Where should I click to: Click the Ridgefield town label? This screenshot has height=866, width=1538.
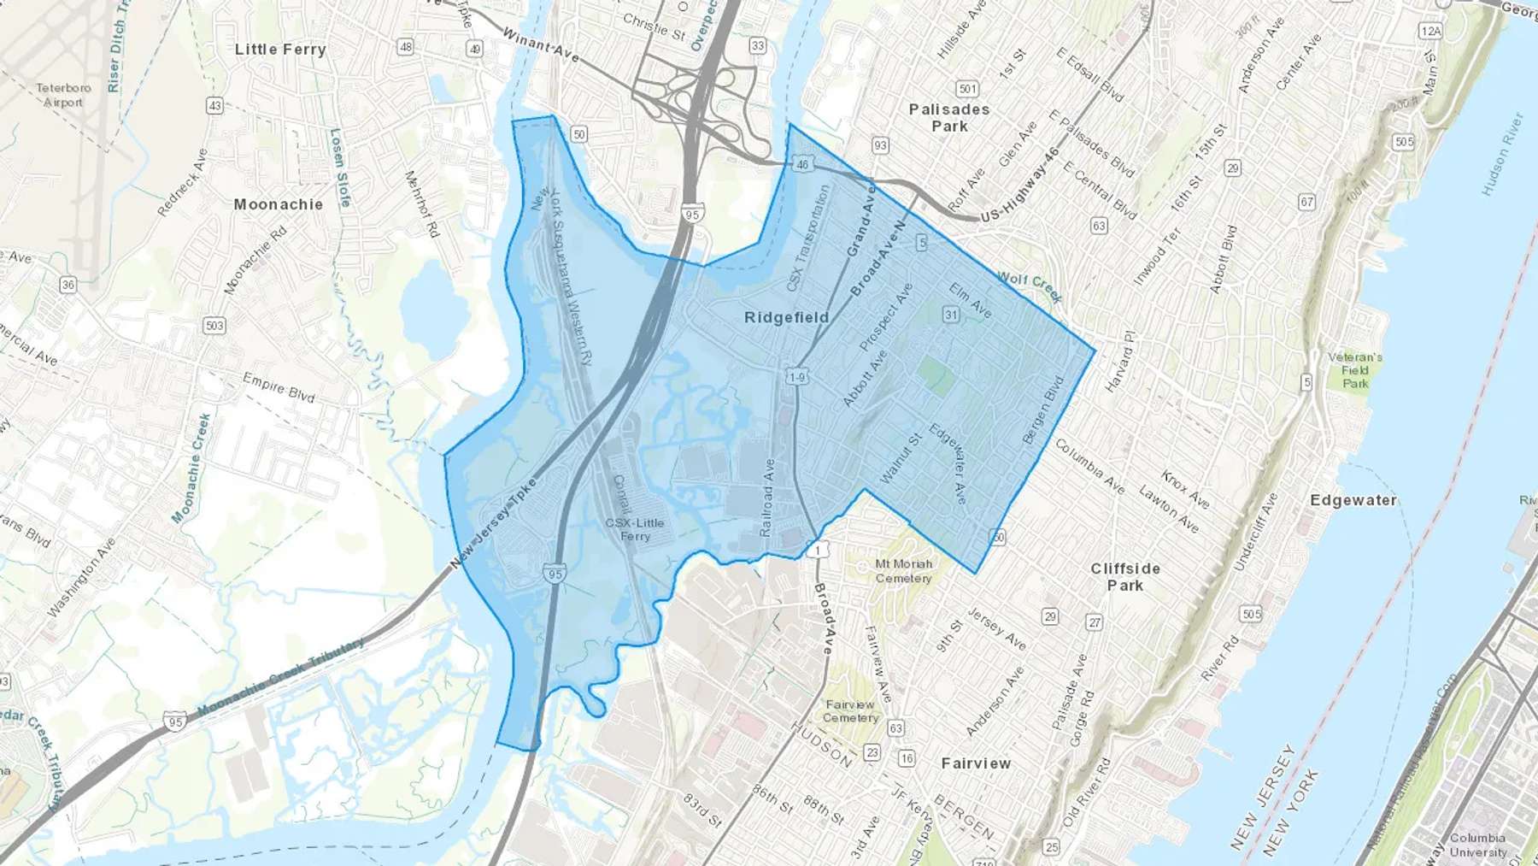pos(786,317)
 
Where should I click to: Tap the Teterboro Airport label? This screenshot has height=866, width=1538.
pos(63,95)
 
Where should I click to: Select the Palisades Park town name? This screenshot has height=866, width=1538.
pos(949,118)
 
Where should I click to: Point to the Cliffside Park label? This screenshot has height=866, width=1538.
pos(1125,577)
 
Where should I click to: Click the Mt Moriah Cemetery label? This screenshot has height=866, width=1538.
pos(904,571)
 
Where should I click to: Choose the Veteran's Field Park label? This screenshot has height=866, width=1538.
pos(1355,370)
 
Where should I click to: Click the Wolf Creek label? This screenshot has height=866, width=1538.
pos(1030,287)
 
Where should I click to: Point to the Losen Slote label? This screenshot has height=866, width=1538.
pos(340,168)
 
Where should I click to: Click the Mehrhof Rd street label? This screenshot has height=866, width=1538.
pos(421,204)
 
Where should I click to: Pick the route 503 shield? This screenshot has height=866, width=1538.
pos(214,326)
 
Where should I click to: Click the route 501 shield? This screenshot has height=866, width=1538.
pos(967,88)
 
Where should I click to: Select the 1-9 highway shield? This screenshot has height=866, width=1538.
pos(796,377)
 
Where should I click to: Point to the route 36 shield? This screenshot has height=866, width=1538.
pos(68,285)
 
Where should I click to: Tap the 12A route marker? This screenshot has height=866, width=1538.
pos(1430,31)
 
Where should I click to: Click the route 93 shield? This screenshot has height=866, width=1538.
pos(880,146)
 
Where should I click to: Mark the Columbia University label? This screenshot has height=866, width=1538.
pos(1477,845)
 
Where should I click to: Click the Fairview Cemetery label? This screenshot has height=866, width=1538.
pos(850,711)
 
